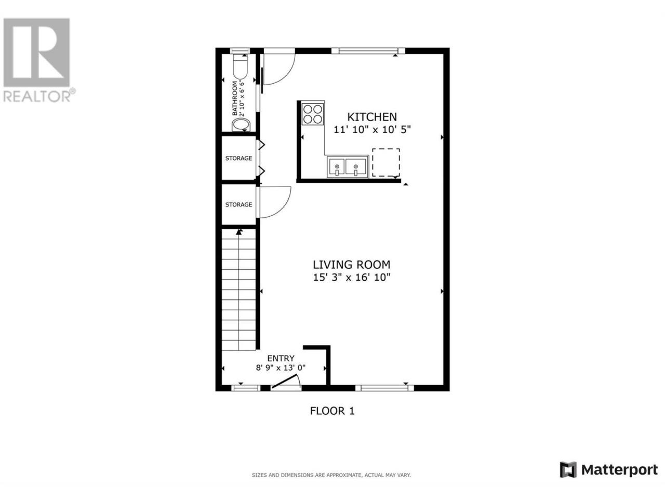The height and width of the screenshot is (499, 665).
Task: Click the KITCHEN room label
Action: [371, 116]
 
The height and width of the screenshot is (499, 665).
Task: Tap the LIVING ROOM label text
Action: [351, 265]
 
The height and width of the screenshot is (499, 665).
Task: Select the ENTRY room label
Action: [281, 359]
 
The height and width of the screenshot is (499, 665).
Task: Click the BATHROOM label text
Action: [235, 98]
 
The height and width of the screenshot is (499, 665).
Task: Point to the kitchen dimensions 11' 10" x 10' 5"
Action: [372, 129]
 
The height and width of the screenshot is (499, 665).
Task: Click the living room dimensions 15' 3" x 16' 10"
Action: [351, 277]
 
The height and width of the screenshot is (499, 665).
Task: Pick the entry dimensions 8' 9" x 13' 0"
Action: [281, 368]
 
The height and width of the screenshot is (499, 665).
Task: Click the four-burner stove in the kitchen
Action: [313, 114]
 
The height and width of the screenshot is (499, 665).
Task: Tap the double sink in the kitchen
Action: [347, 167]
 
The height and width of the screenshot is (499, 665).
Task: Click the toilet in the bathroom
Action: [241, 67]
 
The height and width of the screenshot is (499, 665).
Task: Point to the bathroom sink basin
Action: [241, 125]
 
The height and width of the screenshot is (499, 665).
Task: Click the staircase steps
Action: [239, 290]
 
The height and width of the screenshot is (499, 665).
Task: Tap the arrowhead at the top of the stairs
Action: [239, 232]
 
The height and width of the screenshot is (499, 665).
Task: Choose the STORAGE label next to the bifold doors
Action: [238, 158]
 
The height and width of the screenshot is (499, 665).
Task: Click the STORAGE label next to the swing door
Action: [238, 204]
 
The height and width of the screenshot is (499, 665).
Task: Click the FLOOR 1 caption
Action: [332, 411]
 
